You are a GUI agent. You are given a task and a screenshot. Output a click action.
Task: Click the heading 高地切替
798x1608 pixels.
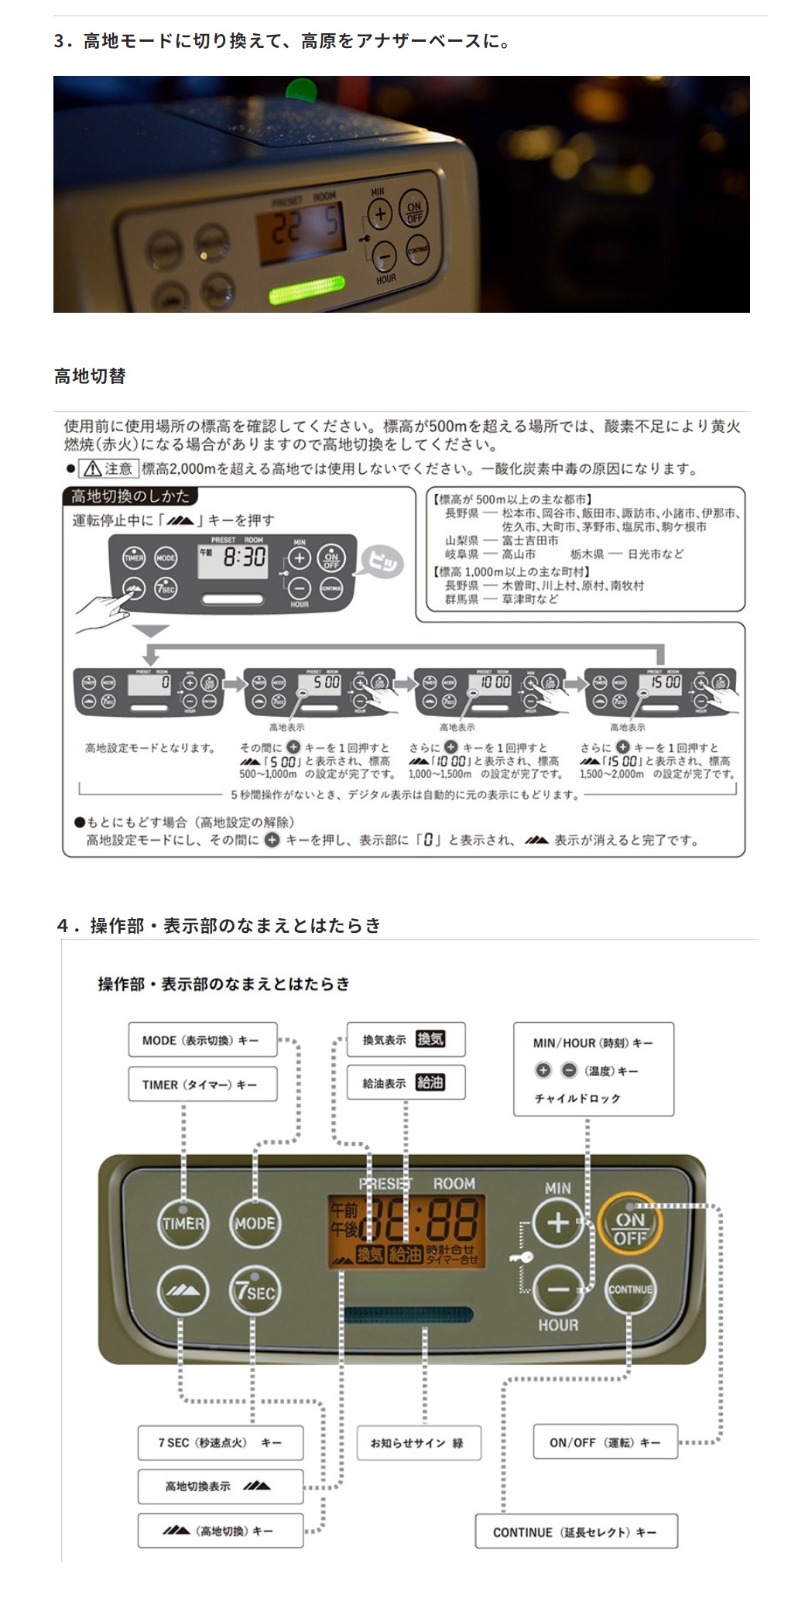(90, 376)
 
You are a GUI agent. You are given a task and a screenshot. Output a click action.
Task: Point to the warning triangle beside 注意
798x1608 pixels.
(92, 468)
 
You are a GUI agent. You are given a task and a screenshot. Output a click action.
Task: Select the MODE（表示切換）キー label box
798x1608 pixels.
(202, 1040)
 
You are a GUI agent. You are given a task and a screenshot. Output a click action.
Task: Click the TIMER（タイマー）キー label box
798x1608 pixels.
(202, 1084)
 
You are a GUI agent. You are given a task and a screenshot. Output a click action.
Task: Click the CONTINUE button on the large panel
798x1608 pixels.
(630, 1289)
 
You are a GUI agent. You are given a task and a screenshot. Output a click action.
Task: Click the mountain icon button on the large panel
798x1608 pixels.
(183, 1291)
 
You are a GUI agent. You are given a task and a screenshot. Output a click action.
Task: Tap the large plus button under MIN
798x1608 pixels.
(558, 1224)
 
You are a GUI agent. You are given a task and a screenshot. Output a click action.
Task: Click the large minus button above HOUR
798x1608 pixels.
(558, 1290)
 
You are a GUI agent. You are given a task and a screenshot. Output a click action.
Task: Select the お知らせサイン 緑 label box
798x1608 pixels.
(418, 1442)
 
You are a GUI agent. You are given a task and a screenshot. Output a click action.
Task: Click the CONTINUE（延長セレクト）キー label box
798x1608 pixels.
(576, 1531)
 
